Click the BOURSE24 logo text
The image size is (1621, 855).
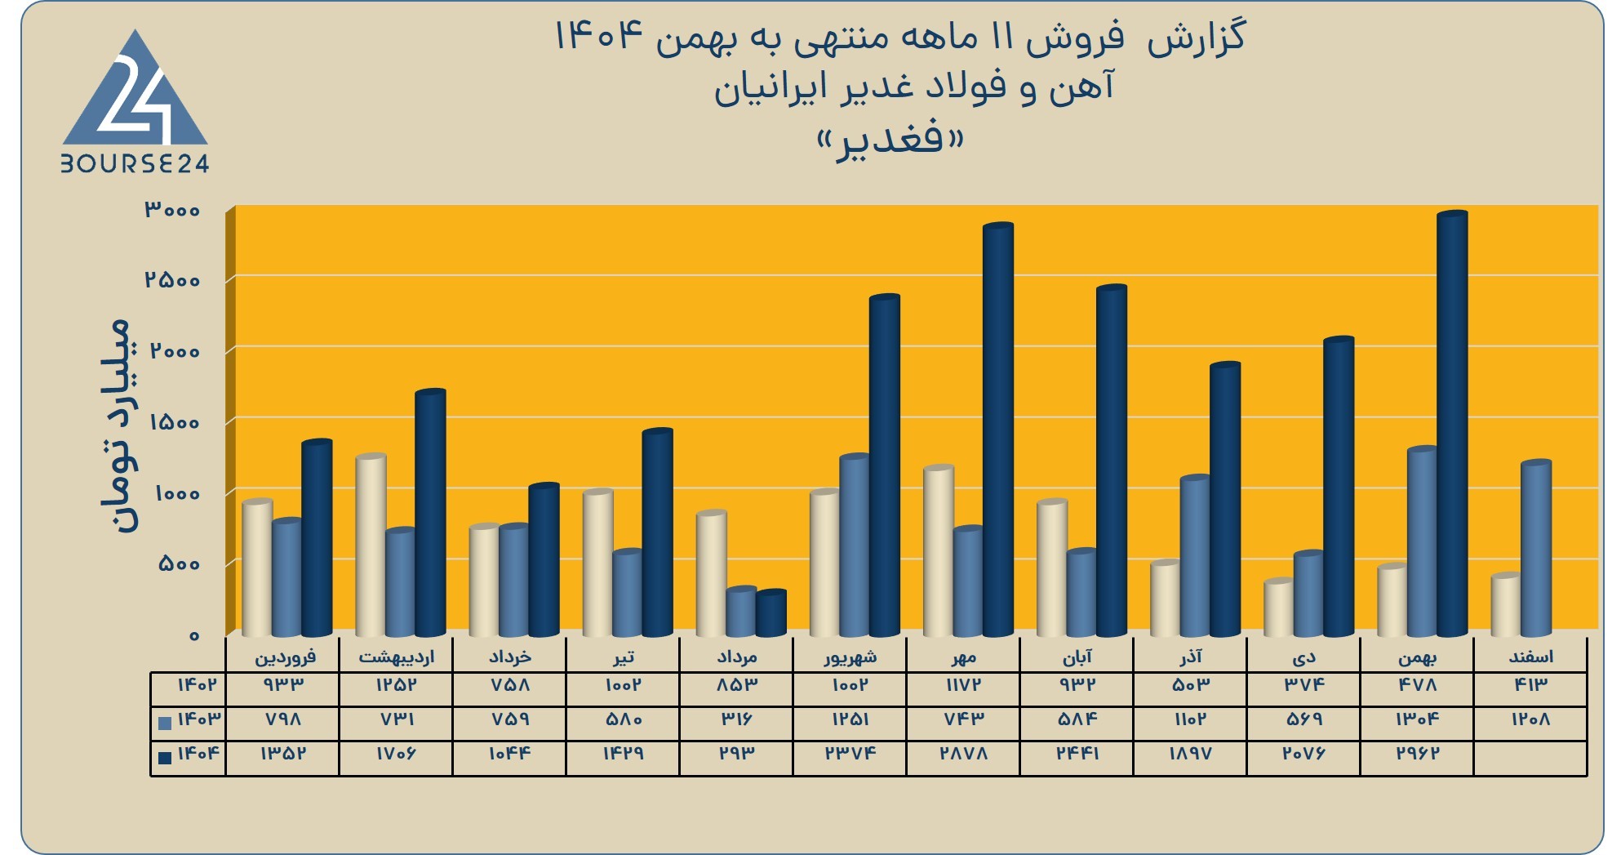[135, 164]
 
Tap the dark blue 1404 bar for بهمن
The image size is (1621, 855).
[1452, 424]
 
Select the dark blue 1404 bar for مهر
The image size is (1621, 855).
[997, 430]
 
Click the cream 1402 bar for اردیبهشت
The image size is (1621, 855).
[371, 545]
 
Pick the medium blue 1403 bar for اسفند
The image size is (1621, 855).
[1536, 548]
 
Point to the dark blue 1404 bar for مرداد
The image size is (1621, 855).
[771, 613]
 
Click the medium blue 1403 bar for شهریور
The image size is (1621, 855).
[855, 545]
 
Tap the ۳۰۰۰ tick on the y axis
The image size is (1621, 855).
[172, 210]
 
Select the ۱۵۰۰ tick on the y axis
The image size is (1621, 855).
[175, 422]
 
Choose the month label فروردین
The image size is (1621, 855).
[285, 657]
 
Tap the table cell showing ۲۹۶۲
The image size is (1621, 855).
[1417, 753]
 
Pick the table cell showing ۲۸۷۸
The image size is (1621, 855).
[964, 753]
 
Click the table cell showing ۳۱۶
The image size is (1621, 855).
[736, 719]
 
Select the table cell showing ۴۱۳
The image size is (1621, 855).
[1530, 684]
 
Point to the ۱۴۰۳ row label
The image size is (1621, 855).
[198, 719]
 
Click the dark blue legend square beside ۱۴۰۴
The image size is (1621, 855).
[165, 757]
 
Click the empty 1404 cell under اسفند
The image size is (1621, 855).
[1530, 758]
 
